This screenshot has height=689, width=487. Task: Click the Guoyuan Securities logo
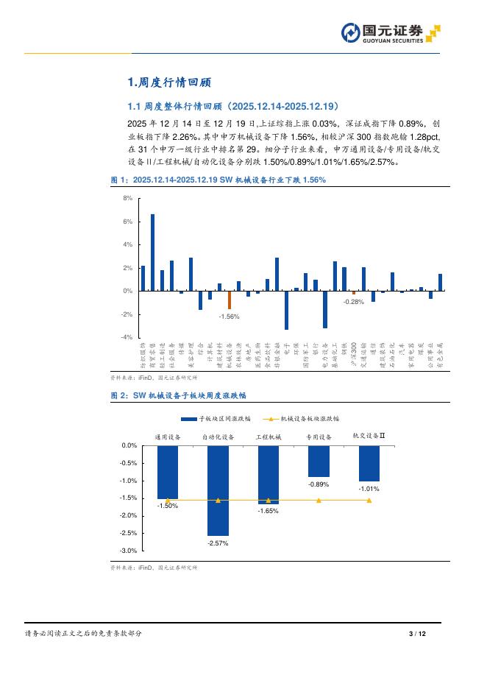[391, 33]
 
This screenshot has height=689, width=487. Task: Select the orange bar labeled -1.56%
[230, 300]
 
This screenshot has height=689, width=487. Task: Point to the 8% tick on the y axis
[127, 199]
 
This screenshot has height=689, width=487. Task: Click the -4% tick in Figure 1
[127, 337]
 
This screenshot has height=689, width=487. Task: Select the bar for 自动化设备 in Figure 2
[218, 490]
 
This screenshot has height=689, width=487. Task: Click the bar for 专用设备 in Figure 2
[319, 461]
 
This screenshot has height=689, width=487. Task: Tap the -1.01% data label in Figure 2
[369, 489]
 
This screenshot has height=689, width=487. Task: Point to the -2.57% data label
[218, 543]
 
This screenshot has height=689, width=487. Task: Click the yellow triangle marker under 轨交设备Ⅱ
[369, 501]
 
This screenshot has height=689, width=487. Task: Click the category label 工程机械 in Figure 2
[268, 437]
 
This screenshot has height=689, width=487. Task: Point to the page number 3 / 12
[416, 634]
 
